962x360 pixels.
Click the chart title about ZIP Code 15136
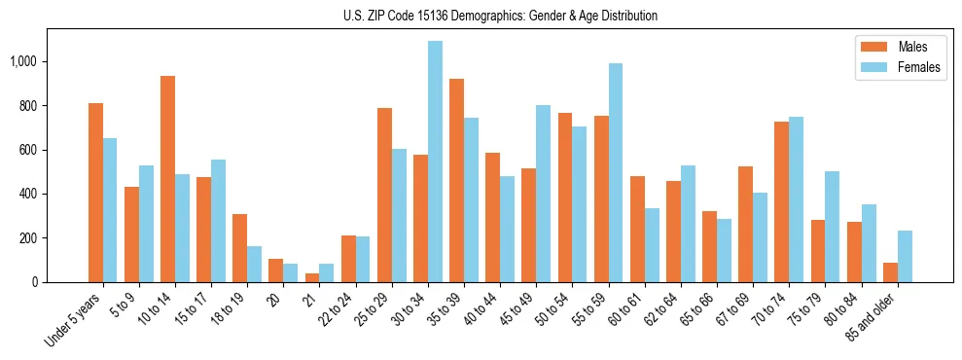point(500,16)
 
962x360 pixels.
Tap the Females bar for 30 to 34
point(436,162)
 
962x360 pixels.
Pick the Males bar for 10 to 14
point(167,179)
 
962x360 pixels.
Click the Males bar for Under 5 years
point(95,193)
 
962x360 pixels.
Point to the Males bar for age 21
point(312,277)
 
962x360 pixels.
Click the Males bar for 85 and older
point(890,272)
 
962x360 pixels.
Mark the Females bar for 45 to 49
point(544,194)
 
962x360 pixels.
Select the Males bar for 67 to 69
point(745,225)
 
